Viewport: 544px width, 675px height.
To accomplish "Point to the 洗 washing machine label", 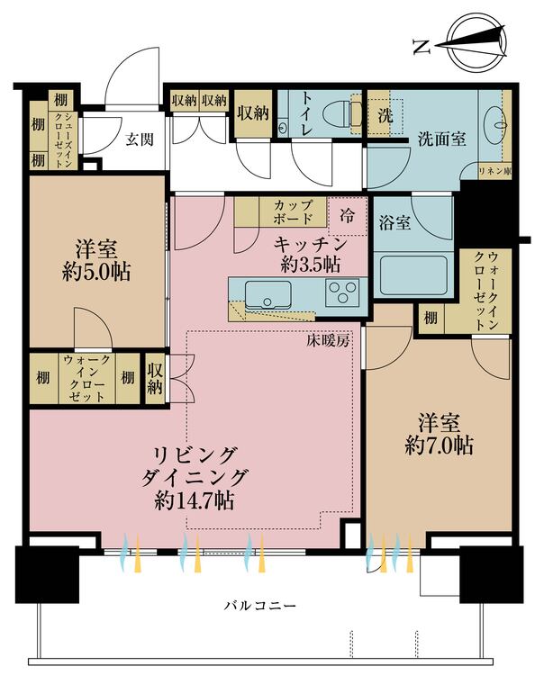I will pos(385,115).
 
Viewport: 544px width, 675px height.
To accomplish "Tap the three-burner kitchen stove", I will pos(341,292).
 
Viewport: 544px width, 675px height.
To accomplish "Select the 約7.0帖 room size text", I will pos(439,444).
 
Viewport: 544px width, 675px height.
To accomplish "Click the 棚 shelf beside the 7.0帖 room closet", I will pos(431,318).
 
